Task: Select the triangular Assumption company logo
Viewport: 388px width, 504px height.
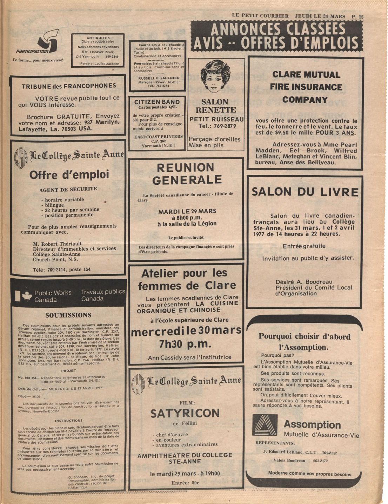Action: tap(265, 425)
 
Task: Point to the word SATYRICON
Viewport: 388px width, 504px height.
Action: tap(185, 414)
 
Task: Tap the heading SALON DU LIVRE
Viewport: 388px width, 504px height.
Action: tap(305, 192)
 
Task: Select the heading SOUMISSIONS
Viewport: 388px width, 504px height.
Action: tap(68, 315)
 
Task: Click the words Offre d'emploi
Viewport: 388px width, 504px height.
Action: tap(69, 174)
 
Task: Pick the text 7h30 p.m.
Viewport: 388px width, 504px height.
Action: tap(185, 344)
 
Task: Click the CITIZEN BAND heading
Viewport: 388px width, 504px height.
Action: tap(157, 102)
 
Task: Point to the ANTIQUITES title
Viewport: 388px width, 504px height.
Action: tap(98, 38)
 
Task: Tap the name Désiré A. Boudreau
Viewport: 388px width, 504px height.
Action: tap(304, 282)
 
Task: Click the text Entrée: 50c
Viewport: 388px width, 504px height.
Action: tap(185, 483)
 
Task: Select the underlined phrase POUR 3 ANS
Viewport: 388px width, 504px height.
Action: tap(335, 133)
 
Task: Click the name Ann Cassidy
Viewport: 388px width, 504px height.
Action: tap(163, 357)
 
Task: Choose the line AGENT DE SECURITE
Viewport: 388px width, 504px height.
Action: tap(68, 189)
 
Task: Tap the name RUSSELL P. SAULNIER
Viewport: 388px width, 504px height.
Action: tap(159, 78)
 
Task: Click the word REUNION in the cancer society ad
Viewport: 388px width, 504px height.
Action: tap(185, 168)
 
